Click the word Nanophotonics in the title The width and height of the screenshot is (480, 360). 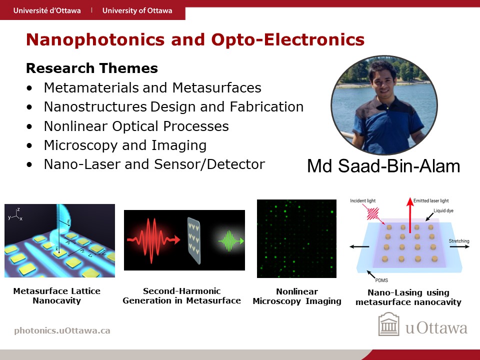tap(95, 40)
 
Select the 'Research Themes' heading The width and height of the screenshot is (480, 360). tap(92, 68)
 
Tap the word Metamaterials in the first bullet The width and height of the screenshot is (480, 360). tap(91, 87)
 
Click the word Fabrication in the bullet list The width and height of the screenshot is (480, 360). tap(266, 107)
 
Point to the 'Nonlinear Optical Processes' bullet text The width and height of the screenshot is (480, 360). tap(136, 126)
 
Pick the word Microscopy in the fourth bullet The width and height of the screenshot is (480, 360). tap(81, 145)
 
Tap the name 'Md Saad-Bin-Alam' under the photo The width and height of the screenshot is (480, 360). tap(383, 166)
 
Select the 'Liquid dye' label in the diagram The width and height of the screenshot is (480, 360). tap(443, 210)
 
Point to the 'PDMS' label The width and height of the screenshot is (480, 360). tap(381, 280)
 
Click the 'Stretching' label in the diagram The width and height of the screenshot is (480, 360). tap(459, 241)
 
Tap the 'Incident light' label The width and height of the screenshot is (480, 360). tap(363, 201)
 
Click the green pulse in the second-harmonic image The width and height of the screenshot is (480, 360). tap(231, 241)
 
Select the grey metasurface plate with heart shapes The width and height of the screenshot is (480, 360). tap(194, 241)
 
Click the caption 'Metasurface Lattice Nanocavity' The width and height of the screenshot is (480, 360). tap(56, 295)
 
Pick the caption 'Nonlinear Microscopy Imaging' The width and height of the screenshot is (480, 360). tap(297, 296)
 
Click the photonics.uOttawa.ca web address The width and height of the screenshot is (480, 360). tap(62, 330)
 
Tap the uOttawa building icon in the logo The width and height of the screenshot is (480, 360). tap(389, 324)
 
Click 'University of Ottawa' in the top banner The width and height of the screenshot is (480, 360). tap(137, 10)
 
